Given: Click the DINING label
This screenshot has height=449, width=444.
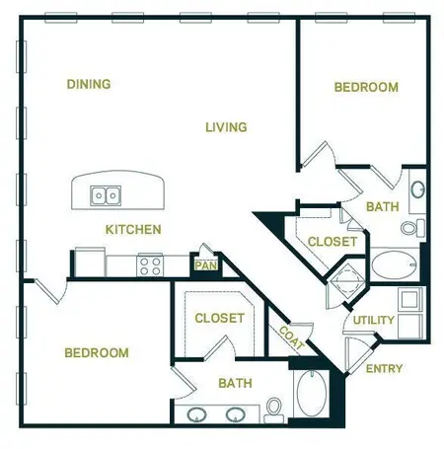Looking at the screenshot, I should (88, 84).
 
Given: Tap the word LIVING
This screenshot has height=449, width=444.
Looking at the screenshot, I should (226, 127).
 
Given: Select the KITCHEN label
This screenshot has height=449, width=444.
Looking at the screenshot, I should (133, 230).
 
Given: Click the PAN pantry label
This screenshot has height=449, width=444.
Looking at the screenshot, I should (205, 264).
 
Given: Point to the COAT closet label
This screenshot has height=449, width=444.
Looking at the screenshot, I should (291, 339).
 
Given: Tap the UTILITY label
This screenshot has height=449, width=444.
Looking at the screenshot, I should (374, 321).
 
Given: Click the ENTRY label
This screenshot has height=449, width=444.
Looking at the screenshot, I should (384, 369).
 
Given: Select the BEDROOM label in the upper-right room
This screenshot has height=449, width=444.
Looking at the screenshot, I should (366, 88).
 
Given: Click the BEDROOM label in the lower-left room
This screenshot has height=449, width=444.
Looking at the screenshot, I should (97, 353).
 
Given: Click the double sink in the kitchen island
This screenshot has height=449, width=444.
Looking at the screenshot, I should (106, 195).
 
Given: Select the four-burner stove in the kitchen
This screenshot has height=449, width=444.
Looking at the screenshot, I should (150, 264).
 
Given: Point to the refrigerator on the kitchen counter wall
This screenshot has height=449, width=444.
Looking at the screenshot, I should (90, 263).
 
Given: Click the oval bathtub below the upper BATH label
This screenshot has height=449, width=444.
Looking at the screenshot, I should (395, 264).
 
